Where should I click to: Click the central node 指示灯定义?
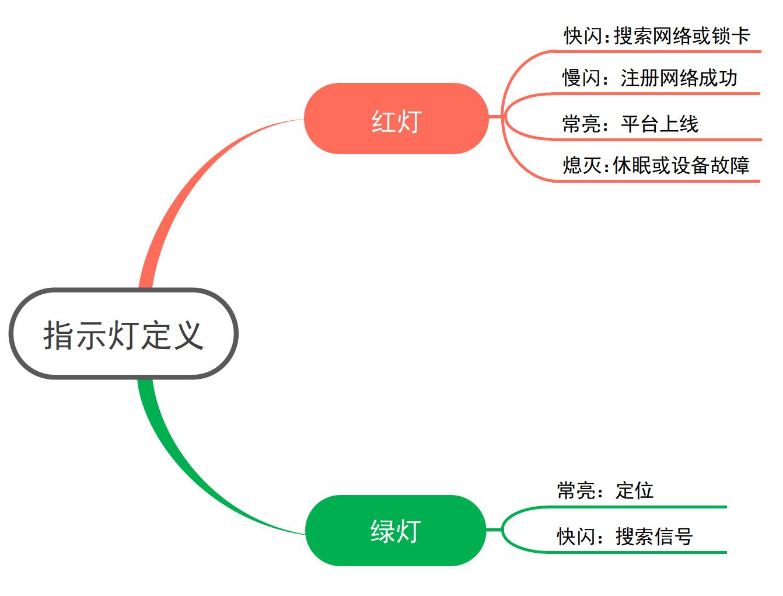(124, 334)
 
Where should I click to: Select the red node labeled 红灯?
(396, 119)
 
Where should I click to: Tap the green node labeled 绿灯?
(396, 531)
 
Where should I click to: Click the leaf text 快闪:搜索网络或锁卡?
(656, 36)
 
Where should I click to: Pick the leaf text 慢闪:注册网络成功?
(649, 78)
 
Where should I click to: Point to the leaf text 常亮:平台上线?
(630, 124)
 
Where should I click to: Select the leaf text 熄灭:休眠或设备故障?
(656, 166)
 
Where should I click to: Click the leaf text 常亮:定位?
(605, 490)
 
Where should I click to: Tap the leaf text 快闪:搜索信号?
(625, 536)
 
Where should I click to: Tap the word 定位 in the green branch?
(634, 490)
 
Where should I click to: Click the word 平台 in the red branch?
(640, 124)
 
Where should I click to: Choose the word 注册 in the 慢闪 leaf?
(640, 78)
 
